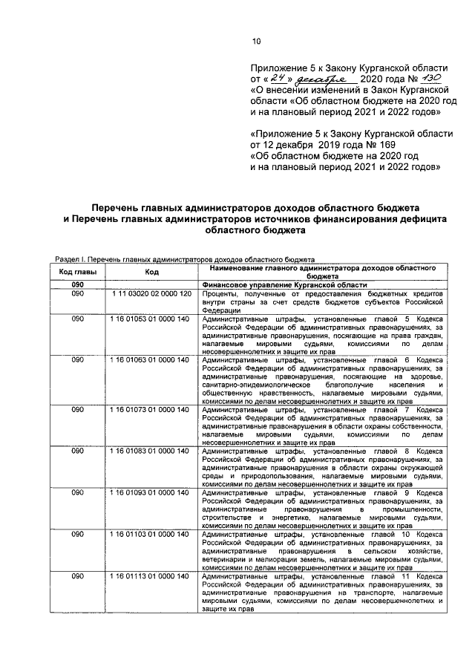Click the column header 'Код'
pos(151,273)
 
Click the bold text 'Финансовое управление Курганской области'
pos(284,285)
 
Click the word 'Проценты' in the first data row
pos(219,295)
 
